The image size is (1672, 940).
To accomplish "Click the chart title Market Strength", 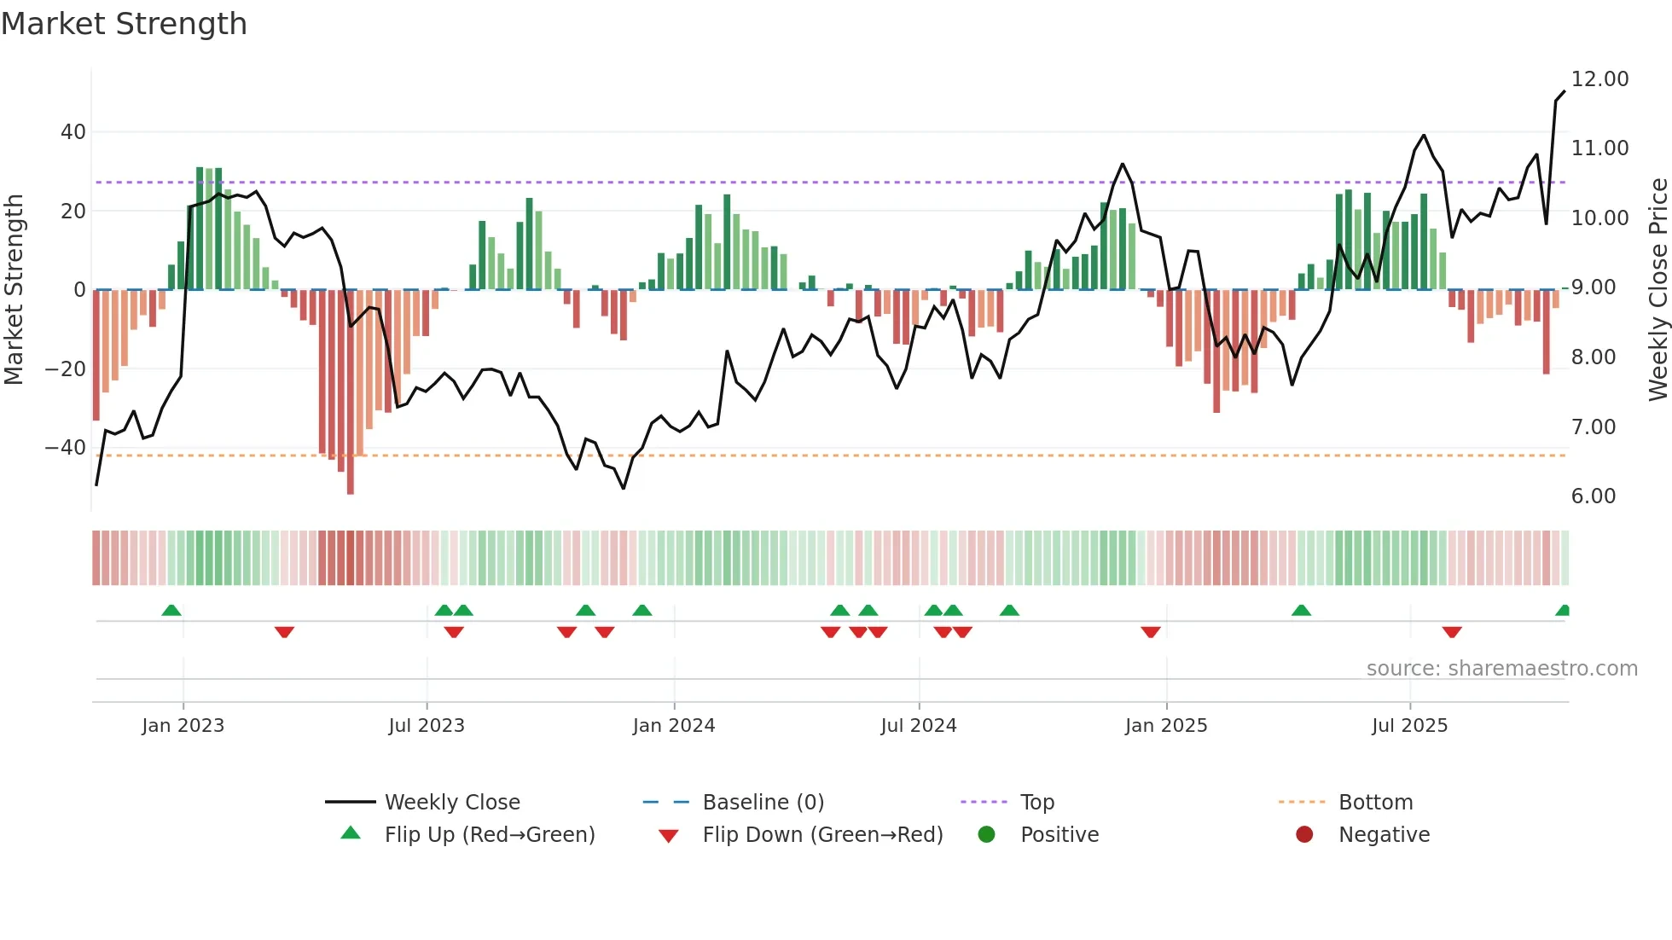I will pos(124,24).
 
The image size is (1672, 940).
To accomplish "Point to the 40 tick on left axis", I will pos(73,132).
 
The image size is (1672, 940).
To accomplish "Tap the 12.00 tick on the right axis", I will pos(1599,79).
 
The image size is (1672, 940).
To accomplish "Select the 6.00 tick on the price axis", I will pos(1593,496).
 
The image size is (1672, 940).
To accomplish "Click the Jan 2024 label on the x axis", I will pos(673,726).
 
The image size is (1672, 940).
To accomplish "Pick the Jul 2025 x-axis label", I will pos(1409,726).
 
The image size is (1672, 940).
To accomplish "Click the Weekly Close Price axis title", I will pos(1657,290).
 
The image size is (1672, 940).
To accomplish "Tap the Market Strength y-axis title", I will pos(14,290).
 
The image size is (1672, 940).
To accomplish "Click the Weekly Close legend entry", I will pos(451,803).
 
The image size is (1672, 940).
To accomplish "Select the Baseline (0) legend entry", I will pos(763,803).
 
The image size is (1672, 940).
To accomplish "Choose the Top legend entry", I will pos(1036,803).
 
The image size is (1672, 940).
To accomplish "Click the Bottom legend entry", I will pos(1375,803).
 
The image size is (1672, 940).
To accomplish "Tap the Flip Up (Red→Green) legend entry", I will pos(489,835).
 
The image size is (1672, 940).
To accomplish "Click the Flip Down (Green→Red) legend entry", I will pos(821,835).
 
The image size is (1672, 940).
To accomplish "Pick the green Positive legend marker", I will pos(987,835).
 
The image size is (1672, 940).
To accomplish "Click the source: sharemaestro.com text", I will pos(1501,669).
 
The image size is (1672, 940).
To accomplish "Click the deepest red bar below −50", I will pos(351,478).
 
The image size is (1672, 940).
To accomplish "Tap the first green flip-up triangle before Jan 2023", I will pos(171,611).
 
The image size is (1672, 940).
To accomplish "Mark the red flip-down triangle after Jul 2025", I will pos(1452,632).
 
